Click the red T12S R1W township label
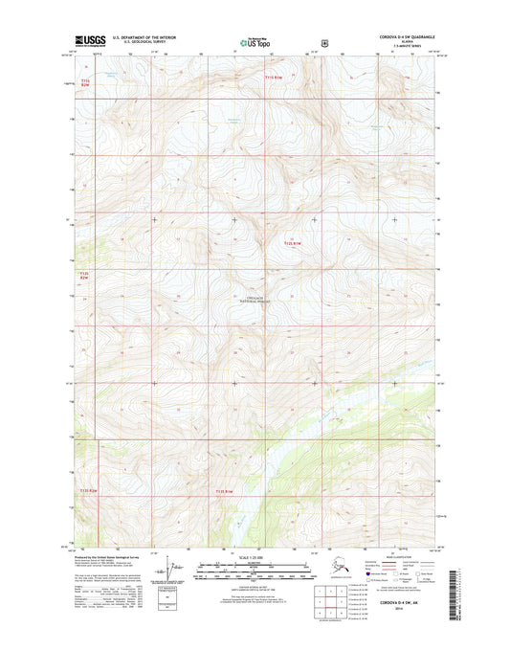point(293,244)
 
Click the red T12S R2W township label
point(83,276)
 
